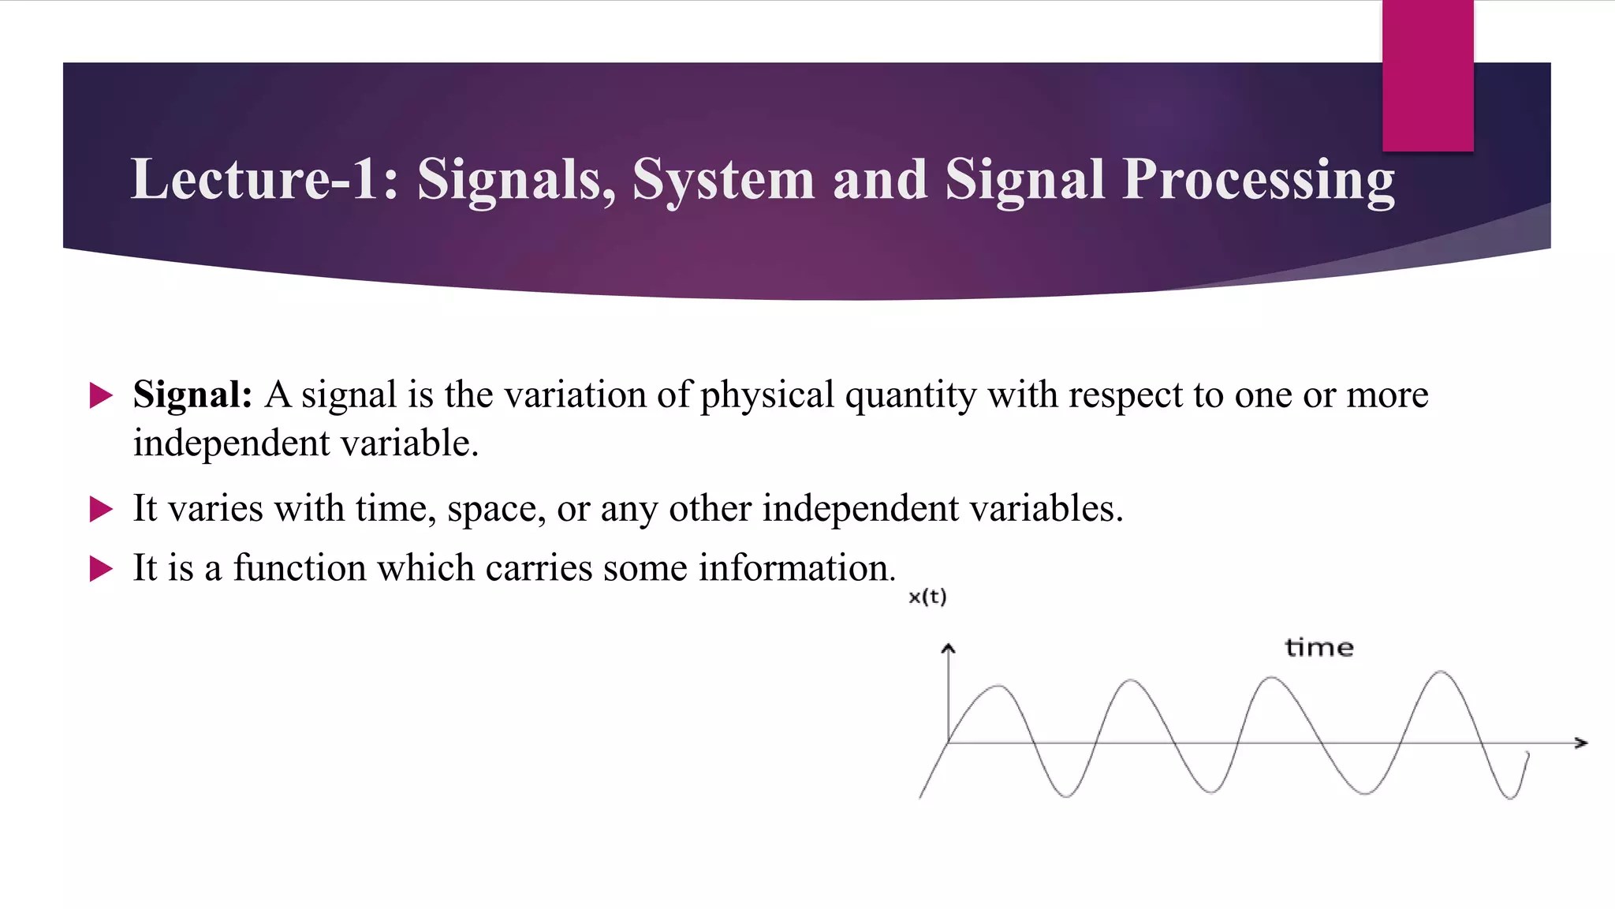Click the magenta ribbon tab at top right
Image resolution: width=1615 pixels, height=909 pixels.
(x=1427, y=76)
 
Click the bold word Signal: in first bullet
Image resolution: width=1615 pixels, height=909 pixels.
(x=192, y=395)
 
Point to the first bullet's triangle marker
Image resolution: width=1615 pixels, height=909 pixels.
(x=101, y=395)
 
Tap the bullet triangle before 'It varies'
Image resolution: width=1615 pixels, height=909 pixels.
(x=101, y=509)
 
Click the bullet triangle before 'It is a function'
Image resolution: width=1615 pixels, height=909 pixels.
(x=101, y=568)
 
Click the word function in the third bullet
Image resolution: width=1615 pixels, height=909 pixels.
(x=299, y=568)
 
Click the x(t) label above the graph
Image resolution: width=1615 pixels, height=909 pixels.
(x=927, y=597)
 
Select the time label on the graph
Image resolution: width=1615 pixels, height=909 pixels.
(x=1319, y=648)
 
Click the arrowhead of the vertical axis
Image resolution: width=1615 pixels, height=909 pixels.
(x=948, y=649)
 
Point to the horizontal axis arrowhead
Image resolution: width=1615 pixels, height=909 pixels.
(x=1580, y=743)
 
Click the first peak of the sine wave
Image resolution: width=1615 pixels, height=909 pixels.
(x=998, y=687)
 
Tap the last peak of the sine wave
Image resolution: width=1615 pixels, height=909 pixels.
(x=1441, y=672)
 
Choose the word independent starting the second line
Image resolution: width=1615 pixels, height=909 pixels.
(x=231, y=443)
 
